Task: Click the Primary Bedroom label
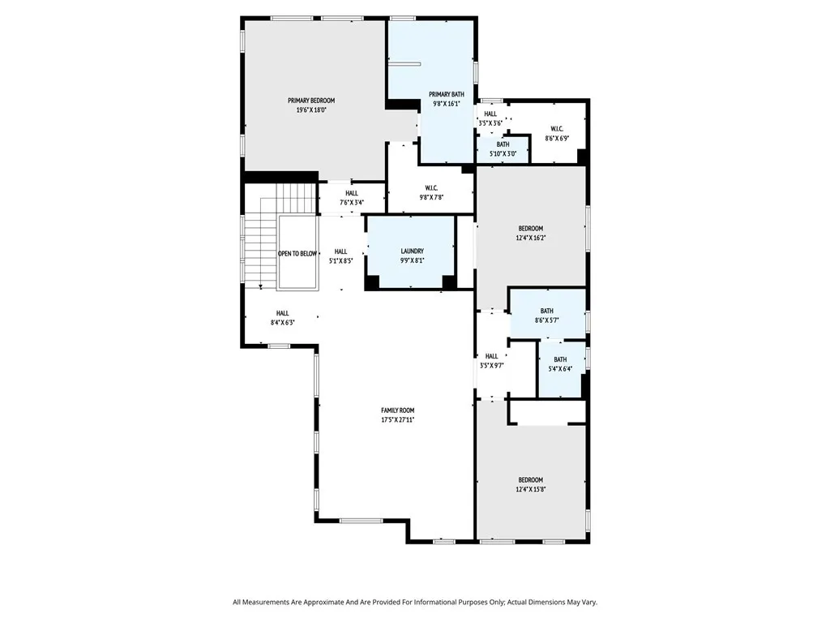311,101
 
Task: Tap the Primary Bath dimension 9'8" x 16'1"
447,104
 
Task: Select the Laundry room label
412,251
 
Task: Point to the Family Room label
397,410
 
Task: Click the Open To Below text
297,254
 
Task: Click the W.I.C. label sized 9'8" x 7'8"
431,188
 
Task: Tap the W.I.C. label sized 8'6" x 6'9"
557,129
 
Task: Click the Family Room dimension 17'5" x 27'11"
397,420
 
